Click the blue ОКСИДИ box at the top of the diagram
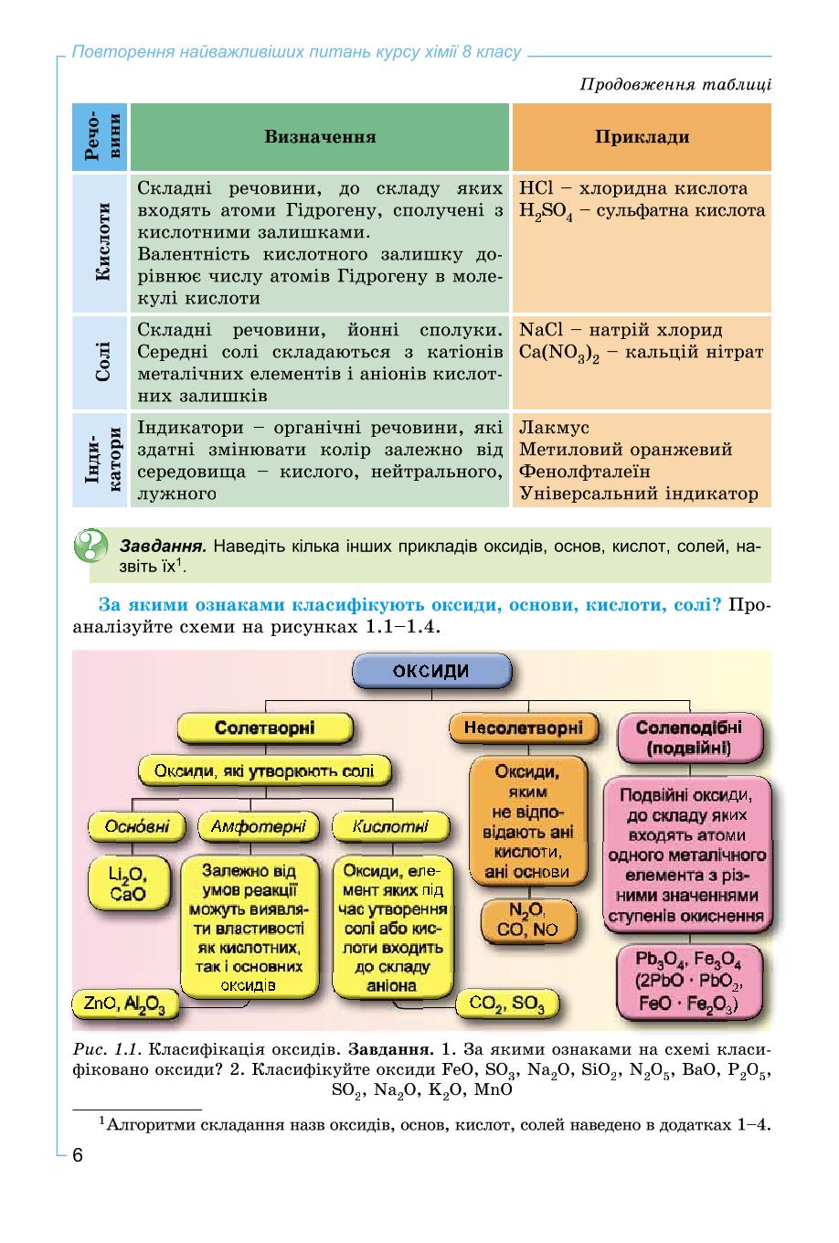(431, 670)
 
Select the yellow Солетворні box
(265, 728)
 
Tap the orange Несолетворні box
(524, 728)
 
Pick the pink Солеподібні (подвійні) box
(689, 738)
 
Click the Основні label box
(136, 826)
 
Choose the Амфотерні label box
(259, 826)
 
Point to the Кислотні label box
(390, 826)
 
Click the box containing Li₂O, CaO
(128, 885)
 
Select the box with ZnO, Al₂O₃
(125, 1004)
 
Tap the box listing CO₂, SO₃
(506, 1004)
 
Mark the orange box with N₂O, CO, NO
(527, 921)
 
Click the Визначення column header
(320, 137)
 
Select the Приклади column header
(642, 137)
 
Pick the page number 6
(78, 1151)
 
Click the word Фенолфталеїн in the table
(584, 472)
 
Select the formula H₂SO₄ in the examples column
(546, 211)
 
